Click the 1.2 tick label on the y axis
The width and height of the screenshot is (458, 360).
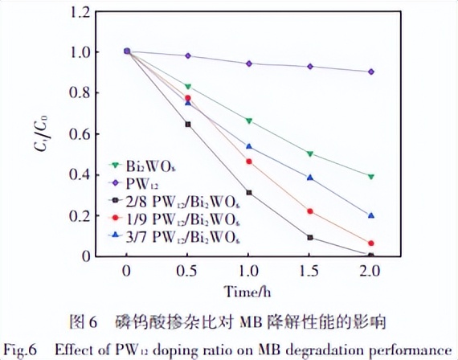pyautogui.click(x=75, y=12)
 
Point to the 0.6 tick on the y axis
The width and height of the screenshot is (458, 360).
pyautogui.click(x=75, y=133)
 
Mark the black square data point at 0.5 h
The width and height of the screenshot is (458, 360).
pyautogui.click(x=188, y=125)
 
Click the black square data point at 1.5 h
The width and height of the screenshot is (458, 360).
pyautogui.click(x=310, y=237)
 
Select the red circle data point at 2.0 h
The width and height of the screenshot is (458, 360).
pyautogui.click(x=371, y=243)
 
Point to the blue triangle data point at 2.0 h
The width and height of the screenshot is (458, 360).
pyautogui.click(x=371, y=215)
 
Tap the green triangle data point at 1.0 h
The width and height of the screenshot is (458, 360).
pyautogui.click(x=249, y=121)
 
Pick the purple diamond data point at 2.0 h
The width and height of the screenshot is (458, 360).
pyautogui.click(x=371, y=72)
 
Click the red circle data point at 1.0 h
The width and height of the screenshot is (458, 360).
pyautogui.click(x=249, y=162)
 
